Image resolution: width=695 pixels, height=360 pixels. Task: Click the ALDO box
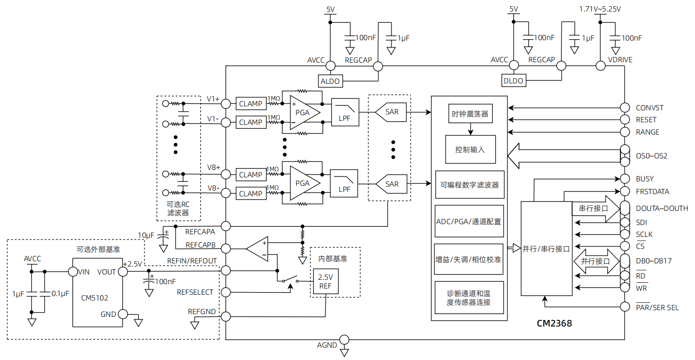(x=330, y=81)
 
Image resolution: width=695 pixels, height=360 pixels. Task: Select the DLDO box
(x=514, y=81)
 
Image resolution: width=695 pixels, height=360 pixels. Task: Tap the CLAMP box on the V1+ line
(x=251, y=104)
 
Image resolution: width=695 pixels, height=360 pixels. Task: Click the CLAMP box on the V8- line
(x=251, y=194)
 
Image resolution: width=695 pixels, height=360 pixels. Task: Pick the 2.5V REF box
(x=325, y=281)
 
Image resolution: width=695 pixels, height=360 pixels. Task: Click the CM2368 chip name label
(x=554, y=323)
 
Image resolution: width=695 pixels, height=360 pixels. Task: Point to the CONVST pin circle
(x=625, y=108)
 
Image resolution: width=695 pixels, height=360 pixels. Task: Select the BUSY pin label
(x=645, y=179)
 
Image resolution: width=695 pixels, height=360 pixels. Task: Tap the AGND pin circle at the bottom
(x=344, y=340)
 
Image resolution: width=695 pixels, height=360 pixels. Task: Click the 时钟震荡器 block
(x=470, y=114)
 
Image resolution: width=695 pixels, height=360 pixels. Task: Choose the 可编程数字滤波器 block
(x=470, y=185)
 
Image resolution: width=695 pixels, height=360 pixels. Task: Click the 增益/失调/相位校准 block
(x=468, y=259)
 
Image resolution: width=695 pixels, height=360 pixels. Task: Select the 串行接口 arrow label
(x=593, y=208)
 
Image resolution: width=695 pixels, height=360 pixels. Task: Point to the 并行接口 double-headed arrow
(x=595, y=261)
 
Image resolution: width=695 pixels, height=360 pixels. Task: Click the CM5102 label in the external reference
(x=94, y=298)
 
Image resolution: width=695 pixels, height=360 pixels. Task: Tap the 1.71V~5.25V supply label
(x=600, y=9)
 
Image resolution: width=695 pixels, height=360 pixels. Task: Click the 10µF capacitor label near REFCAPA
(x=146, y=236)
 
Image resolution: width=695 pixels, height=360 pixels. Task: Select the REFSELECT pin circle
(x=226, y=292)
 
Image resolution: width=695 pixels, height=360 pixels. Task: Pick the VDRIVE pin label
(x=620, y=60)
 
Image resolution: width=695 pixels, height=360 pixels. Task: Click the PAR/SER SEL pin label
(x=657, y=307)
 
